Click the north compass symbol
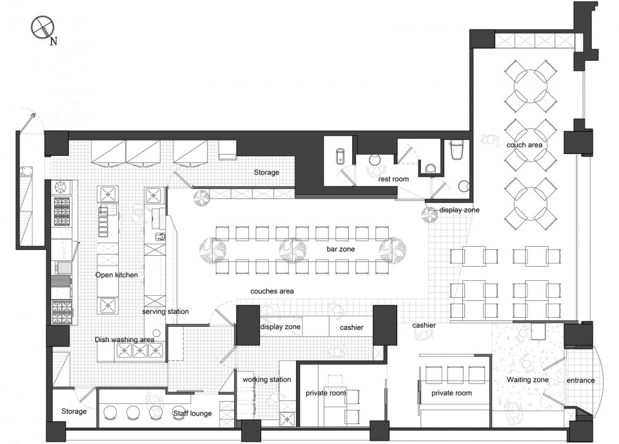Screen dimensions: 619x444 pyautogui.click(x=43, y=28)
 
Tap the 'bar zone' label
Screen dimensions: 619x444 pyautogui.click(x=340, y=249)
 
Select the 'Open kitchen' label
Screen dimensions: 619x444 pyautogui.click(x=117, y=275)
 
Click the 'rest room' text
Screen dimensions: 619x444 pyautogui.click(x=393, y=179)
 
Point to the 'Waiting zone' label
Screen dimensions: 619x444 pyautogui.click(x=528, y=380)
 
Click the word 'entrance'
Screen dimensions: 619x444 pyautogui.click(x=581, y=380)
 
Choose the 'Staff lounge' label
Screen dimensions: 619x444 pyautogui.click(x=192, y=413)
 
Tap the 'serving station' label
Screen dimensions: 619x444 pyautogui.click(x=166, y=311)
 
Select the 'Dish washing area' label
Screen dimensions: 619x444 pyautogui.click(x=124, y=340)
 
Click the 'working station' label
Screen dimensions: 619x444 pyautogui.click(x=267, y=380)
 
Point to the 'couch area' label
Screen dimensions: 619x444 pyautogui.click(x=524, y=145)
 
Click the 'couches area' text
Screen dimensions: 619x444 pyautogui.click(x=272, y=291)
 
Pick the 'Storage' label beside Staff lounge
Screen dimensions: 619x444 pyautogui.click(x=74, y=411)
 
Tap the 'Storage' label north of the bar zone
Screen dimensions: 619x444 pyautogui.click(x=266, y=173)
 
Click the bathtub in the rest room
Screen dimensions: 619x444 pyautogui.click(x=340, y=157)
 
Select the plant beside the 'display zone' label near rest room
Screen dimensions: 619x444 pyautogui.click(x=429, y=215)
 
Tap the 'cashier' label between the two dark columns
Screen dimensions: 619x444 pyautogui.click(x=352, y=327)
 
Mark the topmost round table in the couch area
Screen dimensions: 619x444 pyautogui.click(x=530, y=86)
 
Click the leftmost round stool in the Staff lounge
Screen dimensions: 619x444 pyautogui.click(x=110, y=412)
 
